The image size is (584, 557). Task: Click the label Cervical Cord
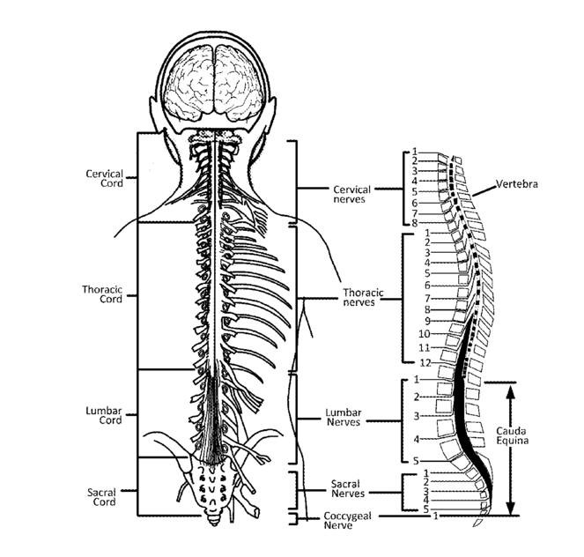[x=104, y=178]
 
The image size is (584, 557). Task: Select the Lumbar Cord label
[x=104, y=415]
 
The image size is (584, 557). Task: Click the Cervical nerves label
[x=351, y=194]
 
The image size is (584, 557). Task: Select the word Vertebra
[x=516, y=184]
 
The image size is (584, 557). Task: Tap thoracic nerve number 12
[x=425, y=362]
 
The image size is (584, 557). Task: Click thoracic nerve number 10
[x=424, y=334]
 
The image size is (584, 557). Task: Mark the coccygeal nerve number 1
[x=435, y=516]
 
